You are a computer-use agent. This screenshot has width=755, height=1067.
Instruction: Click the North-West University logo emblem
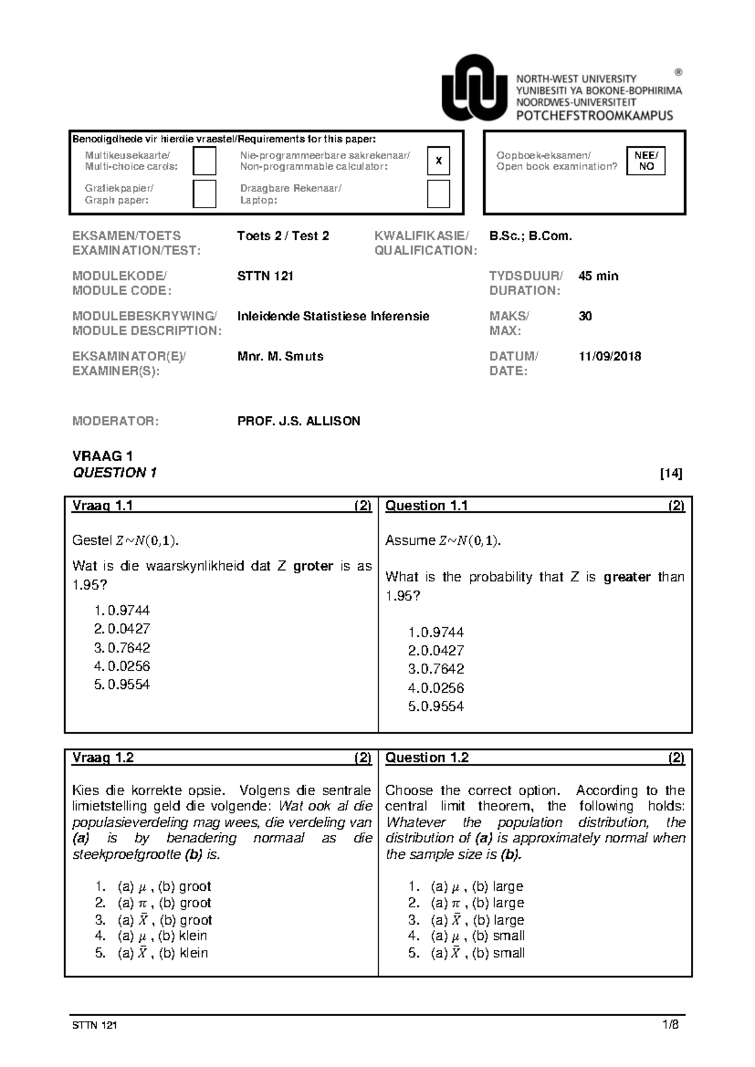click(x=473, y=88)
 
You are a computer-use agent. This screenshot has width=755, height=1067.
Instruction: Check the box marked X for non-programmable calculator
click(x=439, y=161)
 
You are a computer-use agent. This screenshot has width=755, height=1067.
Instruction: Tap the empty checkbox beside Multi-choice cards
click(x=204, y=161)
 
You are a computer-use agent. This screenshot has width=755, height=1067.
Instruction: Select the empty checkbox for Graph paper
click(x=204, y=194)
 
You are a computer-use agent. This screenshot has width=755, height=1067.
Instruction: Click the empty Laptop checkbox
click(x=439, y=194)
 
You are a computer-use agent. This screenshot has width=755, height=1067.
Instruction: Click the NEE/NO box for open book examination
click(x=646, y=161)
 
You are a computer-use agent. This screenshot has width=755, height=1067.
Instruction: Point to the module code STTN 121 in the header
click(x=265, y=276)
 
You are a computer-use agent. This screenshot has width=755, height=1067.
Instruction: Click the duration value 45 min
click(x=598, y=276)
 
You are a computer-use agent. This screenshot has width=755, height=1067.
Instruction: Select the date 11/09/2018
click(x=609, y=356)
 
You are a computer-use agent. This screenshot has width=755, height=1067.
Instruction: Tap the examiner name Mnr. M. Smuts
click(x=280, y=356)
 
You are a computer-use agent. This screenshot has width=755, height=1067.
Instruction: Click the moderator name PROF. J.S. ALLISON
click(x=298, y=422)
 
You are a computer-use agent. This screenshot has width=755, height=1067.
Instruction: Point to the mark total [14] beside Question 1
click(x=671, y=474)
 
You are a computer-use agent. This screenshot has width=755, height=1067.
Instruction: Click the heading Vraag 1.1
click(x=103, y=506)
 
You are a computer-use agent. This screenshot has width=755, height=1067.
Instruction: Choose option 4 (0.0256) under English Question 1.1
click(x=436, y=688)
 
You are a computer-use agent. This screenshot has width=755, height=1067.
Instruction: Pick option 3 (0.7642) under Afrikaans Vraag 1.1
click(x=122, y=647)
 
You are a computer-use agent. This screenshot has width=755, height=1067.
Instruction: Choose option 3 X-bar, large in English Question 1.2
click(x=466, y=920)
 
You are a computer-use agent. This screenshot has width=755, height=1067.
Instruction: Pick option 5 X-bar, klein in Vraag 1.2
click(x=152, y=953)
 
